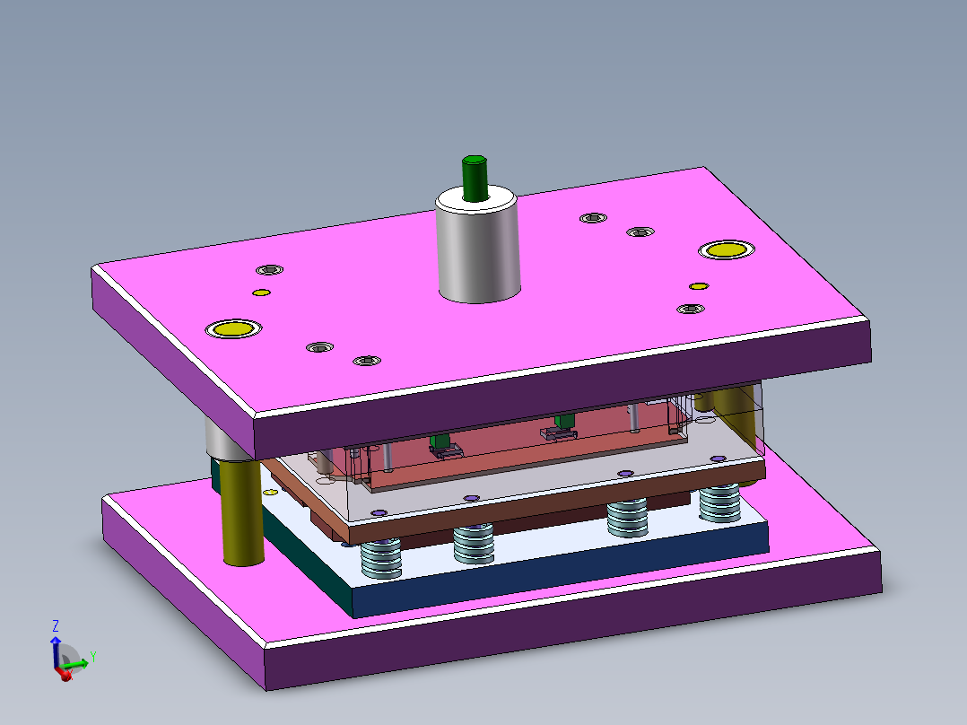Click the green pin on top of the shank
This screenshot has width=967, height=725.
(474, 177)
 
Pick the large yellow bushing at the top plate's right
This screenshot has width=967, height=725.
(726, 249)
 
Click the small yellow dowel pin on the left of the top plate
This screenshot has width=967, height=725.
(261, 293)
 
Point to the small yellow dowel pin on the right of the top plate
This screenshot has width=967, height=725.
(699, 286)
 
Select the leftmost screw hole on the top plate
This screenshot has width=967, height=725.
(268, 269)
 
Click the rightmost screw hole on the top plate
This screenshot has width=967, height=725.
(689, 309)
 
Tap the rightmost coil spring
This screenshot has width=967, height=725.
(719, 503)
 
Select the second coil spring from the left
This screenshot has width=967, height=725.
(474, 544)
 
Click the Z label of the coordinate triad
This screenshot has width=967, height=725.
(56, 625)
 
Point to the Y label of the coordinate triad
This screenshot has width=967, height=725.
(92, 657)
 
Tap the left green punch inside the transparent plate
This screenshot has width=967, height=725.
(440, 441)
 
